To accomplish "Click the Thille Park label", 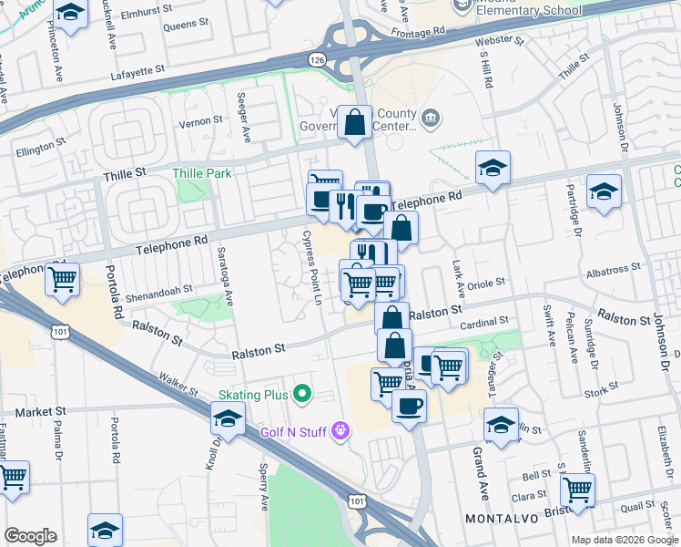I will coord(203,173).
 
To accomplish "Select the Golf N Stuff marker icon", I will coord(341,429).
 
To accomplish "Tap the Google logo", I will coord(30,536).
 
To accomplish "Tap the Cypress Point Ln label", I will coord(312,267).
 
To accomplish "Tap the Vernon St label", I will coord(204,120).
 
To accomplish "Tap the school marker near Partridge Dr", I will coord(605,191).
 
